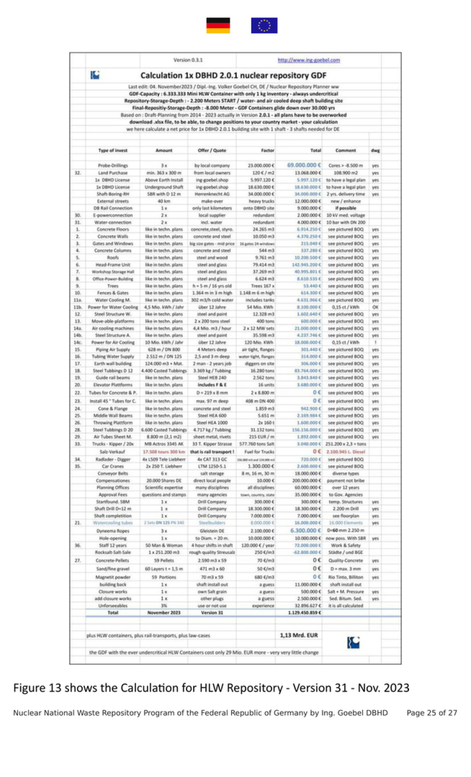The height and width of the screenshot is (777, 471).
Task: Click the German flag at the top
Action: pos(218,26)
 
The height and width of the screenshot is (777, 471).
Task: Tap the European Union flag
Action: pos(264,26)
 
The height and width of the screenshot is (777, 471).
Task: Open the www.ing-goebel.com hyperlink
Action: pos(309,60)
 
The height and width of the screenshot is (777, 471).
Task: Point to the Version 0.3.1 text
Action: pos(188,60)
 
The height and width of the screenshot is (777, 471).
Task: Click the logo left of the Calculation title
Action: pos(95,75)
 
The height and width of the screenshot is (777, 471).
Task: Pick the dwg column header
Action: pos(375,150)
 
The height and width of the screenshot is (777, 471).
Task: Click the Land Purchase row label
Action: pos(113,173)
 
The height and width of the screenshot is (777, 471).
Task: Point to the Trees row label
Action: pos(113,286)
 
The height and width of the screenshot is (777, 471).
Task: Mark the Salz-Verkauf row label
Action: pos(113,452)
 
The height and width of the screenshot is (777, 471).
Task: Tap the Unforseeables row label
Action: pos(113,606)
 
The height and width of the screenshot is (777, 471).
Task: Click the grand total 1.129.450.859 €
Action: pos(305,612)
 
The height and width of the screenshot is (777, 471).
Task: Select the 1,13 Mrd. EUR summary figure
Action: pos(299,635)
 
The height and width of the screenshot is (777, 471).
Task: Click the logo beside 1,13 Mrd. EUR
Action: pos(353,642)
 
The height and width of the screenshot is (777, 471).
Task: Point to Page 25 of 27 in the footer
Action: pos(432,713)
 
